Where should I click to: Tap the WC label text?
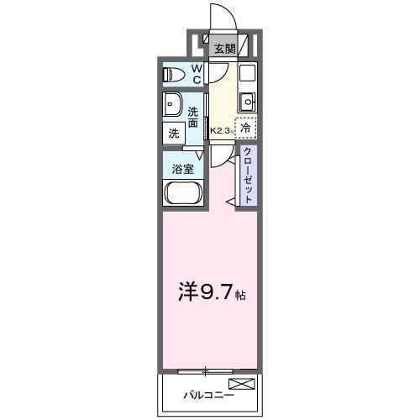(x=195, y=75)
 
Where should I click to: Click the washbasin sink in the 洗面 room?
(x=174, y=106)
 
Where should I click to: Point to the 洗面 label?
(x=193, y=118)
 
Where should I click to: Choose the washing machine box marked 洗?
(x=174, y=133)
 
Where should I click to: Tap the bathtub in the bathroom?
(x=181, y=194)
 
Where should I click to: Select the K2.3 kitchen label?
(x=220, y=131)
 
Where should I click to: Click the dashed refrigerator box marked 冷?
(x=245, y=128)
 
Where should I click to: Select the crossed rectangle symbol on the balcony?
(x=240, y=385)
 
